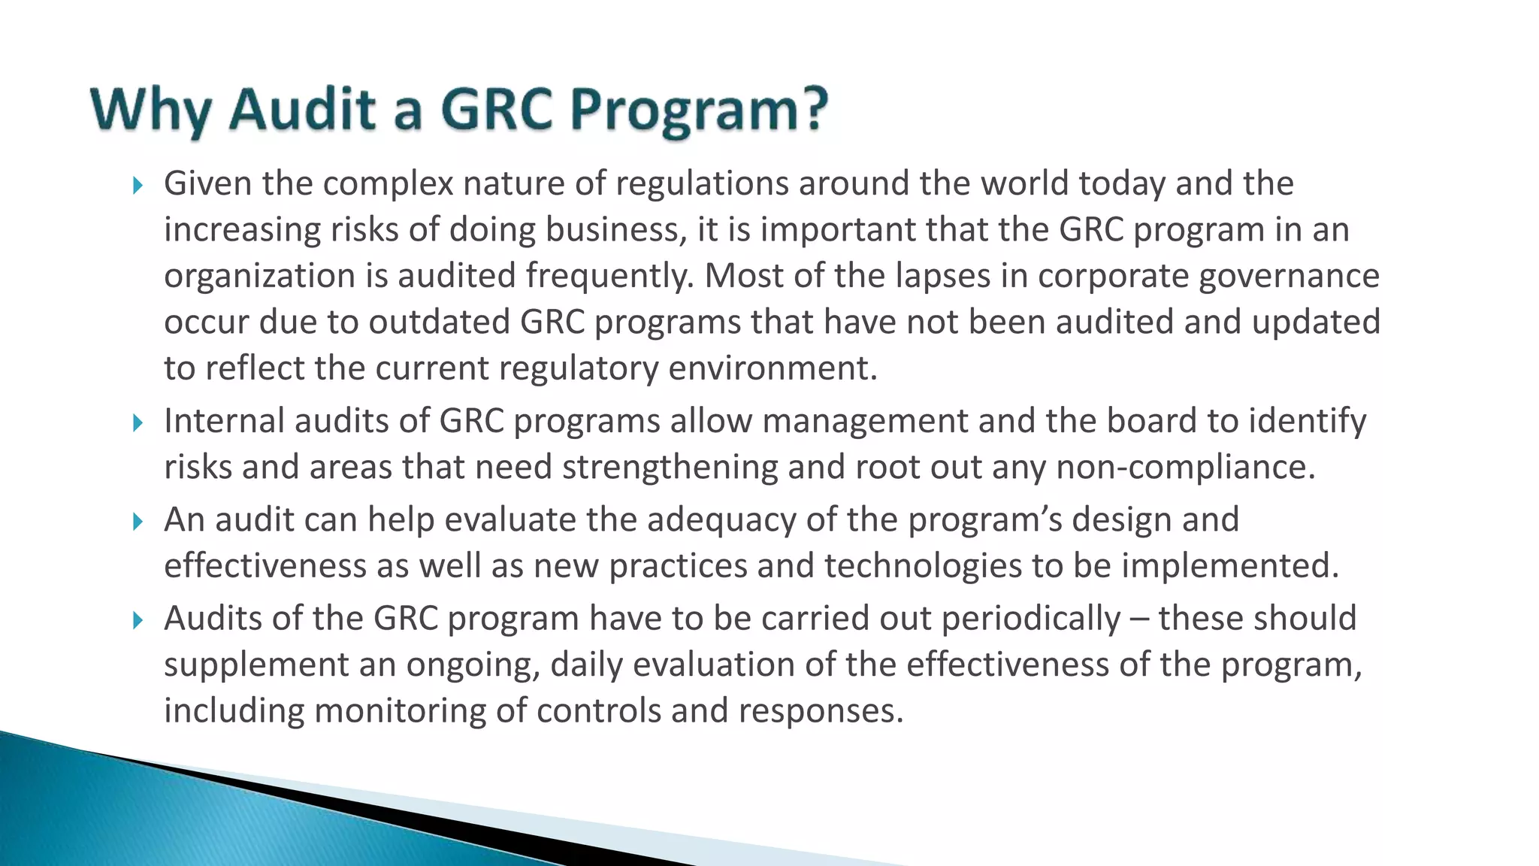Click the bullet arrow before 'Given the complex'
click(137, 185)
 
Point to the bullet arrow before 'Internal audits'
click(137, 422)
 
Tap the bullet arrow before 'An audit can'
click(137, 521)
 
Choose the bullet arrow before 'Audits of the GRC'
click(137, 620)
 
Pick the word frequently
click(609, 277)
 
